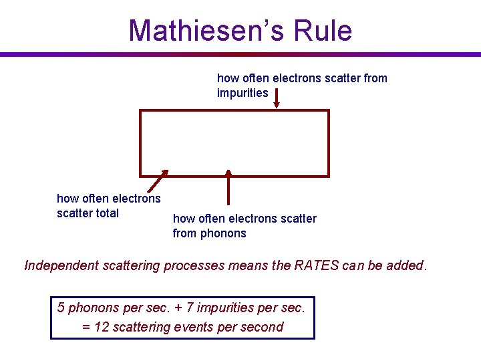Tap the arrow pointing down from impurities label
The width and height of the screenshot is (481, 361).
277,97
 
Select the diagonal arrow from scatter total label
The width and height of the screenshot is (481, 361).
156,183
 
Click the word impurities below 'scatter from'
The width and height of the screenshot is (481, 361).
243,93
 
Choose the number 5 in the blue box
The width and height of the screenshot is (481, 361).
61,308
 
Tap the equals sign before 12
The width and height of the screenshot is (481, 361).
85,328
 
